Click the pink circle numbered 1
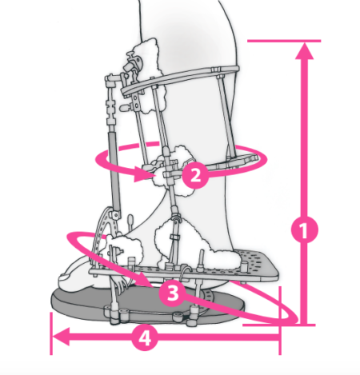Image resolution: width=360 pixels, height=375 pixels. pos(304,229)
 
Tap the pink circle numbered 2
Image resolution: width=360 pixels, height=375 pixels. pos(195,175)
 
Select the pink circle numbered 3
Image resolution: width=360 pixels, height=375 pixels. pos(173,293)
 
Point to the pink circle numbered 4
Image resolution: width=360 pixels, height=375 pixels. pos(145,338)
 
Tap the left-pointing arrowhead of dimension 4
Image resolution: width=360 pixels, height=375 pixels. pos(62,337)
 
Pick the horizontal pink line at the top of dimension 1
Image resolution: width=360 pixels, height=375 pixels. pos(284,41)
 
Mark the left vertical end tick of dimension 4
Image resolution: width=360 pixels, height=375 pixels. pos(51,333)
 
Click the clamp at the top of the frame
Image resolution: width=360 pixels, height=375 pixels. pos(134,62)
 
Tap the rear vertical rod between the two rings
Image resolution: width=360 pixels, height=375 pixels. pos(224,118)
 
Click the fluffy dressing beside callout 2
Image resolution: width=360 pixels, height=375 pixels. pos(170,170)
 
